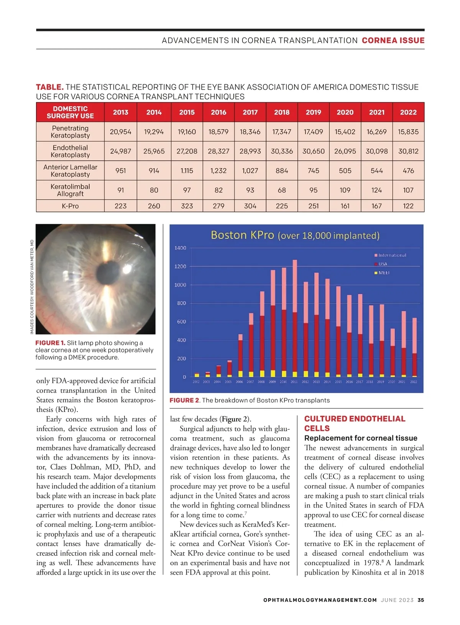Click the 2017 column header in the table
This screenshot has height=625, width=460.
250,112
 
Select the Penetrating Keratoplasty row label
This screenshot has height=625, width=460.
70,132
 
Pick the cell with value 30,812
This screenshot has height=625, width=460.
408,151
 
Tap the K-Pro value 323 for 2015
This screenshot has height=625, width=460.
187,206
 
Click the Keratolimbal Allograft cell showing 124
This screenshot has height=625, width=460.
376,190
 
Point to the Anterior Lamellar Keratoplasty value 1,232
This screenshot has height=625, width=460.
219,171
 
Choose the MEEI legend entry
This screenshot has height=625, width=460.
383,273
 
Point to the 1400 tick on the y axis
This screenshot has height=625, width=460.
180,248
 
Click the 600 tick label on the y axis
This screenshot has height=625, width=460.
181,322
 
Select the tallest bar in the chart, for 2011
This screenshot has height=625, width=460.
295,318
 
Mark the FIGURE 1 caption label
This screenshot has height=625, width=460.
50,343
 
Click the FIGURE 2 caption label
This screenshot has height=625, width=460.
184,400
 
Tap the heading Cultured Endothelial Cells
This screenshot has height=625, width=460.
355,423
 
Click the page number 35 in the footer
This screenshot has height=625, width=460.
421,600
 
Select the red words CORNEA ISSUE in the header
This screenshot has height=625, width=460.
393,41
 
